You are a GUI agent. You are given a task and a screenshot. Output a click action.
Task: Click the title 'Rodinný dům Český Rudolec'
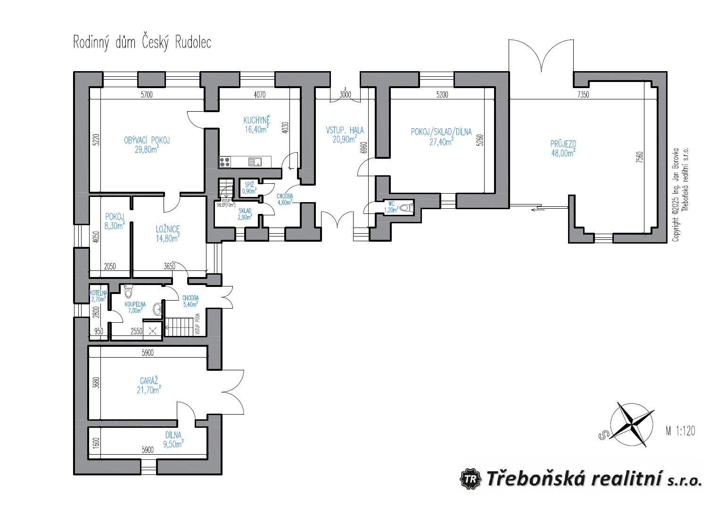tap(142, 42)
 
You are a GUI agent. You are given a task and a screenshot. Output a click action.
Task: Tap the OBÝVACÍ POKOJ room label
tap(147, 145)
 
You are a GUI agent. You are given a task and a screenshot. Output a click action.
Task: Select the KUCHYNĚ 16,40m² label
tap(257, 124)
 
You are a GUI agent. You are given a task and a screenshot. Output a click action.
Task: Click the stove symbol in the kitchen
tap(225, 162)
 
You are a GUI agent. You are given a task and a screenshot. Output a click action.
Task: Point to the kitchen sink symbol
tap(256, 162)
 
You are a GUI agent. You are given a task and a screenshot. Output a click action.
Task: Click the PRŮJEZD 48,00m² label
tap(563, 148)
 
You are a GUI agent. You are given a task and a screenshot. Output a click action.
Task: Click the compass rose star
tap(632, 424)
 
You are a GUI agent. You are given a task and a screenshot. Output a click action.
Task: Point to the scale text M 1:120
tap(680, 430)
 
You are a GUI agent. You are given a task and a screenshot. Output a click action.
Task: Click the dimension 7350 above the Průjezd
tap(583, 95)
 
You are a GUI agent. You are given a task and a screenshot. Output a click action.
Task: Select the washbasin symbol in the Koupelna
tap(157, 309)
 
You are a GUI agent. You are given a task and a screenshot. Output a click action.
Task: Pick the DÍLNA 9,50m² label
tap(173, 439)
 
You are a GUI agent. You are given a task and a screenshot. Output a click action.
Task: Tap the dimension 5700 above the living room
tap(147, 95)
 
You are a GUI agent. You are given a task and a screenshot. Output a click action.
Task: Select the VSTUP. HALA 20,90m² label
tap(345, 134)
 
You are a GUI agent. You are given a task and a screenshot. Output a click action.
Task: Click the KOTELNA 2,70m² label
tap(99, 296)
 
